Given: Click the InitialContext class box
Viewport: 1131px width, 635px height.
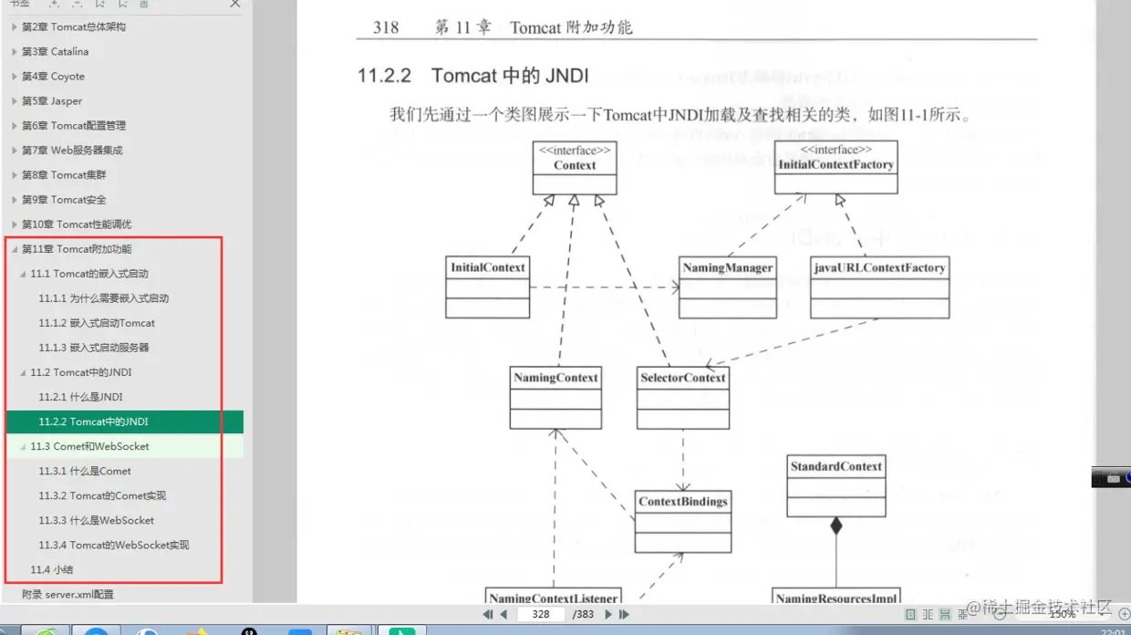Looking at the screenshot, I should pyautogui.click(x=487, y=286).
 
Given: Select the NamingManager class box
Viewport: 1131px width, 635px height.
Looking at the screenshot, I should pyautogui.click(x=728, y=286).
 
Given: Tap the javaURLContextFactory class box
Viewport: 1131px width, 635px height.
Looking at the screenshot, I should pyautogui.click(x=879, y=286).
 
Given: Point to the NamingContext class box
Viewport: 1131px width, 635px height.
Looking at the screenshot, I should pyautogui.click(x=555, y=397).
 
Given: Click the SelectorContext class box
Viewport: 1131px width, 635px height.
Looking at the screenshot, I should pyautogui.click(x=683, y=397).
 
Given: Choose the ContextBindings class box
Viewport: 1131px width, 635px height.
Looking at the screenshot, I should pyautogui.click(x=683, y=521).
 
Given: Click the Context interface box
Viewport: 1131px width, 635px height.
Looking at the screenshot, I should pyautogui.click(x=575, y=167).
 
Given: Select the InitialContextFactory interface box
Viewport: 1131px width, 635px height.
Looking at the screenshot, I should pyautogui.click(x=835, y=167).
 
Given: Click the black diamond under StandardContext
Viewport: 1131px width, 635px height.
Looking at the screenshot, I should pyautogui.click(x=835, y=526).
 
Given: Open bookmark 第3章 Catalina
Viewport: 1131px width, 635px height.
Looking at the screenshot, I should pyautogui.click(x=56, y=52).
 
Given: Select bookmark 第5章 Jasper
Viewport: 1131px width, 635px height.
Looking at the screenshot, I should pyautogui.click(x=52, y=101).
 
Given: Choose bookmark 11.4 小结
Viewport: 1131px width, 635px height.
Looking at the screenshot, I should pyautogui.click(x=51, y=569).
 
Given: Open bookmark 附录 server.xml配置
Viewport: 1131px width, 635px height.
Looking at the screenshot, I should pyautogui.click(x=67, y=594).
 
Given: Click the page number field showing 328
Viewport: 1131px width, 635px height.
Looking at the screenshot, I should pyautogui.click(x=541, y=614).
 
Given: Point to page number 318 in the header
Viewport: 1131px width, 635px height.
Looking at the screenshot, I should pyautogui.click(x=386, y=27).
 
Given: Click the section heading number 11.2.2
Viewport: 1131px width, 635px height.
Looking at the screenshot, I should pyautogui.click(x=384, y=75).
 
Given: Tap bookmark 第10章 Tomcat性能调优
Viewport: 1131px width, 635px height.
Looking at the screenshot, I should pyautogui.click(x=77, y=224).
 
